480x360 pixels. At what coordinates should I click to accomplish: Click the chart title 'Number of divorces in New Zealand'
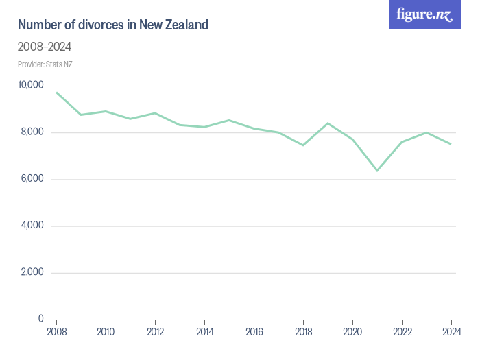pos(113,25)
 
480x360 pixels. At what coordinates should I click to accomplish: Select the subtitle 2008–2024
pos(45,47)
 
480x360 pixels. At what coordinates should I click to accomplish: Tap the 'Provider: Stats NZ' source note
pos(45,64)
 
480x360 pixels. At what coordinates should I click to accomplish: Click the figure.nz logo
pos(424,14)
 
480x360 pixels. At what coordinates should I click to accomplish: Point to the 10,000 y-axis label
pos(31,85)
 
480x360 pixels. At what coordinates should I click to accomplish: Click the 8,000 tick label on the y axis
pos(32,132)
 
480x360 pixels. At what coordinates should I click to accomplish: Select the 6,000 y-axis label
pos(32,179)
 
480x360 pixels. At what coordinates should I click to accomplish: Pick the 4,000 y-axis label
pos(32,226)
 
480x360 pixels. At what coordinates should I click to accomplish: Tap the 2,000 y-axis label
pos(32,272)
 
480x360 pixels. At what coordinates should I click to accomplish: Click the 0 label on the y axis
pos(41,319)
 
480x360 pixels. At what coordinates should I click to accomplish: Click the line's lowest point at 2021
pos(377,170)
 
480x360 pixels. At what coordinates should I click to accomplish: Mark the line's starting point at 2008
pos(56,93)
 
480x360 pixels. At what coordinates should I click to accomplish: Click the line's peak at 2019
pos(328,123)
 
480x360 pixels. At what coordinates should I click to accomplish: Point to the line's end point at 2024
pos(451,144)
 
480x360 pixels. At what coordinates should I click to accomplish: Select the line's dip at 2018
pos(303,145)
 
